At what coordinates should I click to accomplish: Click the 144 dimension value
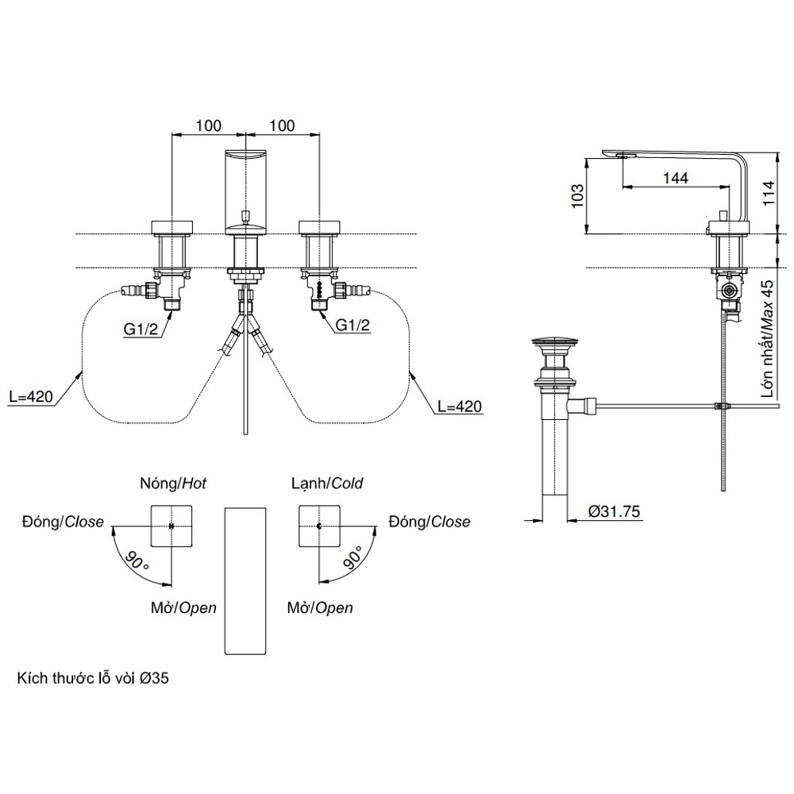674,179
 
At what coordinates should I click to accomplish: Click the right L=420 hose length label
459,407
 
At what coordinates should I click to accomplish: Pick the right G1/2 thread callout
351,324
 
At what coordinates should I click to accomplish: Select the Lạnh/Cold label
327,483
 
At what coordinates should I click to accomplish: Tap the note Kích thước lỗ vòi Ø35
93,680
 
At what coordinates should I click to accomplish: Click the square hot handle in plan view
172,526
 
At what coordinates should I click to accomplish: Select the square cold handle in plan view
319,526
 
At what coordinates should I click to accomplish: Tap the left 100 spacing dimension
208,125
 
